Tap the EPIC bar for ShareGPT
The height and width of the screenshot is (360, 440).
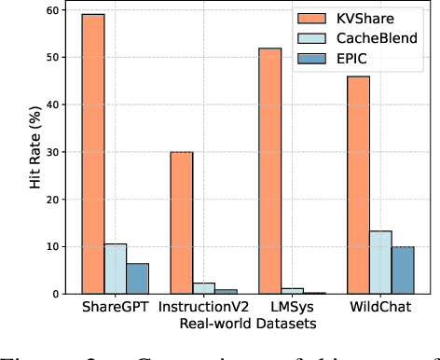click(x=137, y=279)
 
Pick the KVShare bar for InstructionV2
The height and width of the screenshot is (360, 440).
click(x=182, y=223)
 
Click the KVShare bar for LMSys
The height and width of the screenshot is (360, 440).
click(x=271, y=172)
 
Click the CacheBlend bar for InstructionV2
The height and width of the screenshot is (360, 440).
click(x=204, y=288)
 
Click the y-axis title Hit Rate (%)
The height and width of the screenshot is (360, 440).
click(x=14, y=151)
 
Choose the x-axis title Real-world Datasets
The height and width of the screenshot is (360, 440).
click(x=249, y=324)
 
